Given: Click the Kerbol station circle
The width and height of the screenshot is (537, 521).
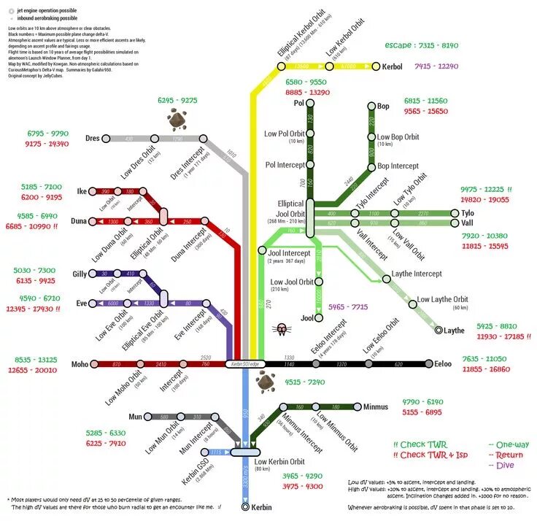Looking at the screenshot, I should click(376, 66).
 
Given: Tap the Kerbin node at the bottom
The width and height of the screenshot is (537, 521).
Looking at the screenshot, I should click(246, 506).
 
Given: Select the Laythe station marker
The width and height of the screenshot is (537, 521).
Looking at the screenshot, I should click(439, 331).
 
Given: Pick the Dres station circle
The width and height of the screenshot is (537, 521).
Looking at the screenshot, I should click(106, 138).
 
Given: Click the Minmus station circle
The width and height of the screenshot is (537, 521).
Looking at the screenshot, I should click(357, 406).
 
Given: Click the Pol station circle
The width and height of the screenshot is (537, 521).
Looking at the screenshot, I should click(310, 103).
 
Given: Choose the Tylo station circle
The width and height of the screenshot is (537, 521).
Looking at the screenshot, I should click(455, 213).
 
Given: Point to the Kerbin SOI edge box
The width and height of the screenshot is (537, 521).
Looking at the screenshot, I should click(245, 363).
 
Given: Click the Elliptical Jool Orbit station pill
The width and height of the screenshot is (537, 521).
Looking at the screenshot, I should click(310, 219).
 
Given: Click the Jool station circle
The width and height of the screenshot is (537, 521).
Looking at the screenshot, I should click(319, 318).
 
